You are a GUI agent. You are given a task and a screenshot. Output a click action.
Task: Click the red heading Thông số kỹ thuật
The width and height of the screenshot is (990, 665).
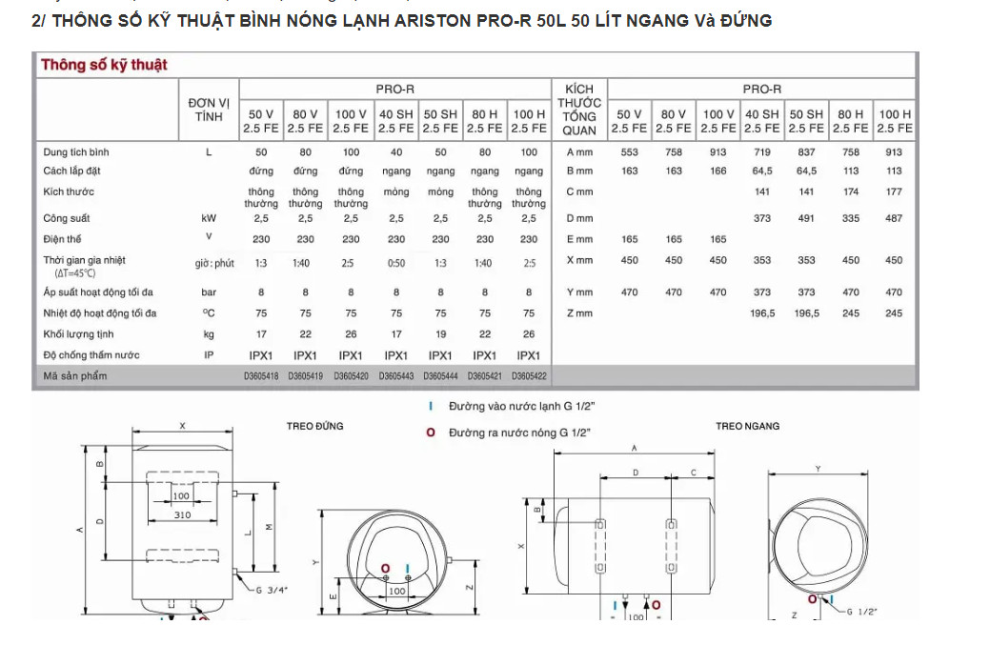104,65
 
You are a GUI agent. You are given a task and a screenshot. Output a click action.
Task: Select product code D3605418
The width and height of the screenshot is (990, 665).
261,376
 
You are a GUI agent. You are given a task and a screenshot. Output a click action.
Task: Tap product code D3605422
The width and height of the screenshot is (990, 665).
529,376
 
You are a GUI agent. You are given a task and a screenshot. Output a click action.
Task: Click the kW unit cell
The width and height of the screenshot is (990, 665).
209,218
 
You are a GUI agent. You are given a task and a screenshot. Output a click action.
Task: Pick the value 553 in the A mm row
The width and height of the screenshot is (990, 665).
629,151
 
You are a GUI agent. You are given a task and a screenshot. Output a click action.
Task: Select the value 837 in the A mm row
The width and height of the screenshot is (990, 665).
806,151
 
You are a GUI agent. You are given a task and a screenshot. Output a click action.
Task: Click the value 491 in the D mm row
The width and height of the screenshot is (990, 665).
806,218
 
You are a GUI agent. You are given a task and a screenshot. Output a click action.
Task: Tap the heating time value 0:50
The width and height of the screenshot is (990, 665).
396,263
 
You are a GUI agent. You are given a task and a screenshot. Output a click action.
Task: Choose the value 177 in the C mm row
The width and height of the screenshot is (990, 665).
894,191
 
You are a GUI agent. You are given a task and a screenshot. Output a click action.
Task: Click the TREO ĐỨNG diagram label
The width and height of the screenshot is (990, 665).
314,426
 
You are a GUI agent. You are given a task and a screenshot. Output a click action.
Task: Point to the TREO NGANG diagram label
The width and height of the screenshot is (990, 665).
748,426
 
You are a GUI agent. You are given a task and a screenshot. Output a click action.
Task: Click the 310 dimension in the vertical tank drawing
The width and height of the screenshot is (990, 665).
182,515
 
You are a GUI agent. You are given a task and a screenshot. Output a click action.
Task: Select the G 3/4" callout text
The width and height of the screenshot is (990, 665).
272,590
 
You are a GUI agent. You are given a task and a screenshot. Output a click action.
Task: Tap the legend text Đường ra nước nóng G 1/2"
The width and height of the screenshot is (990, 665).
519,433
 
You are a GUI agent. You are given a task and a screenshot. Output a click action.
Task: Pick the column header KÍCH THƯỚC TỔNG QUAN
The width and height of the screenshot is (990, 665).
579,109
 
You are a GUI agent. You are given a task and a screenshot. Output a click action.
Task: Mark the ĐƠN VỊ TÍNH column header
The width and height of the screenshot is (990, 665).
209,109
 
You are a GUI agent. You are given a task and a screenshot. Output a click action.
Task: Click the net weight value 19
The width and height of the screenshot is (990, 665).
440,334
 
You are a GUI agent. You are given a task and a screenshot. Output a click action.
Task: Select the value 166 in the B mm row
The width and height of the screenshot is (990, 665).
717,171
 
